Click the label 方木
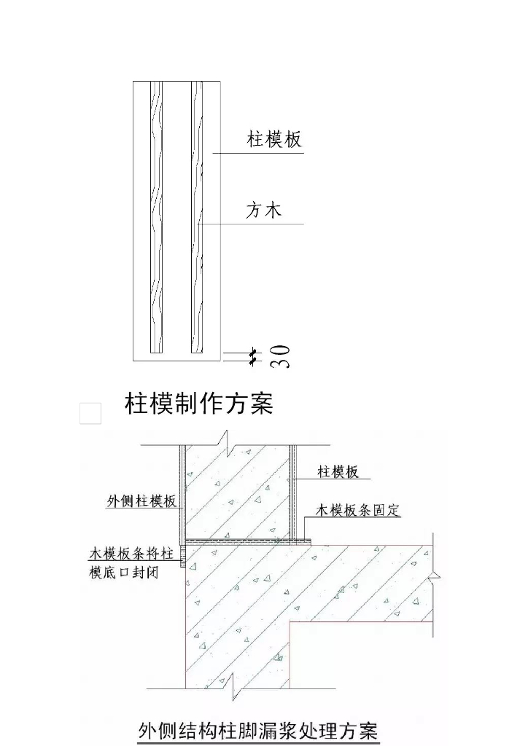click(263, 211)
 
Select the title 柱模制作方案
click(199, 403)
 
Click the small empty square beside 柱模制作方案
click(90, 413)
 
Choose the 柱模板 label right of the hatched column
click(338, 472)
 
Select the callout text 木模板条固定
click(358, 510)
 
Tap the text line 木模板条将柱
click(131, 554)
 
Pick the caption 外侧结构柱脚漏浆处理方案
click(259, 729)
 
